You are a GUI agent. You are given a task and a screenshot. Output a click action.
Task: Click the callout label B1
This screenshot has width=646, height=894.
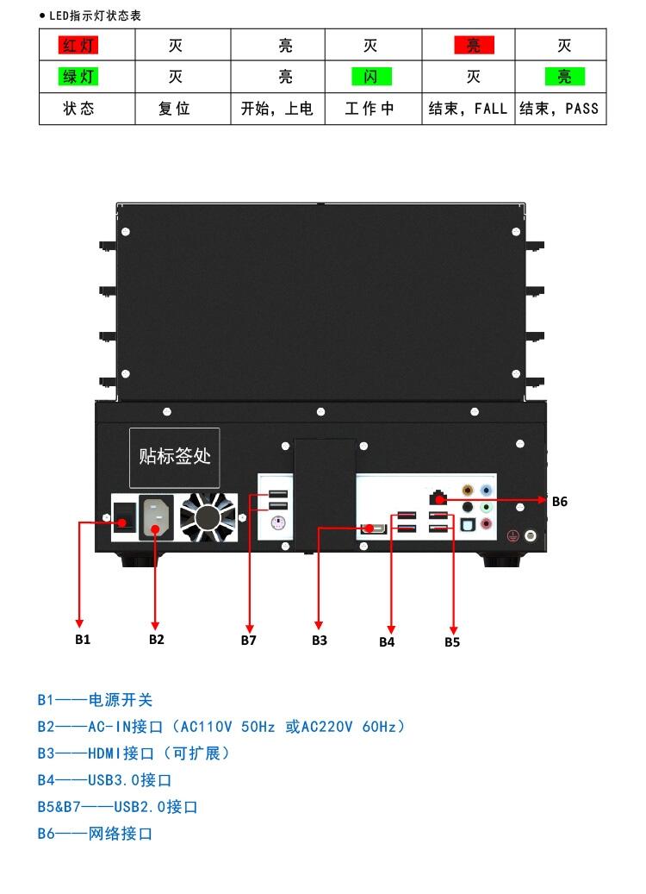click(83, 639)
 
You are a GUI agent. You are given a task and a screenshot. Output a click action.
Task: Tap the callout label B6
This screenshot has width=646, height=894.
click(560, 501)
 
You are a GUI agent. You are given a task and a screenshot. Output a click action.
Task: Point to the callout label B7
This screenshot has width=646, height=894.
click(249, 640)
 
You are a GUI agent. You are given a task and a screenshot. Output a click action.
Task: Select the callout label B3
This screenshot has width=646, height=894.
click(320, 640)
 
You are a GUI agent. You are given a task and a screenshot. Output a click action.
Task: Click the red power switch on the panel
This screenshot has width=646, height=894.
click(125, 516)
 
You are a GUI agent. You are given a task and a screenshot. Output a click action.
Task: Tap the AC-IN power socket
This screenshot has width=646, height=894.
click(156, 516)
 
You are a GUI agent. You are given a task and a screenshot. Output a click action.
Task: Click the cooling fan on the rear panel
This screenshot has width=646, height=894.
click(208, 517)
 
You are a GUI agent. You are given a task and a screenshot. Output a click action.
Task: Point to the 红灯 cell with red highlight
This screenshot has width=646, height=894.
click(78, 45)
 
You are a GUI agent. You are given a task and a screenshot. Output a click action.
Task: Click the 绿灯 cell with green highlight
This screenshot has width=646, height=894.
click(78, 77)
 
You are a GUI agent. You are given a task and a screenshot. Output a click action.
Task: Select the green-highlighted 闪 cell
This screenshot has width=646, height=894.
click(371, 77)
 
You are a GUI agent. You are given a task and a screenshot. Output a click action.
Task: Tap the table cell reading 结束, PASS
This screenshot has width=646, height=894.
click(559, 109)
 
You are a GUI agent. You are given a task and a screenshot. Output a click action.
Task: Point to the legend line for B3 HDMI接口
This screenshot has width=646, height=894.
click(134, 753)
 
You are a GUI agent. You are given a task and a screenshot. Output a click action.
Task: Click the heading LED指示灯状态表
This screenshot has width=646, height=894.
click(95, 16)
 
